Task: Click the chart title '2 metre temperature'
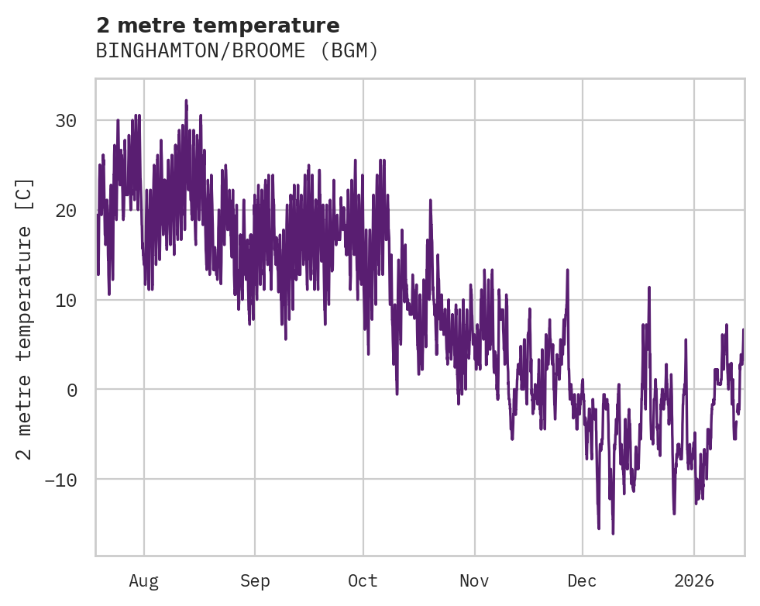click(218, 26)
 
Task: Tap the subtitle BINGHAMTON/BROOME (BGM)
click(237, 51)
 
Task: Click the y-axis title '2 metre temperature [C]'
click(26, 318)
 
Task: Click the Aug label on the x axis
click(144, 580)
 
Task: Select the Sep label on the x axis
click(255, 580)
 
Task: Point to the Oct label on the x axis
click(363, 580)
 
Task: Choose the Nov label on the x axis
click(474, 580)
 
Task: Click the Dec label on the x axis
click(582, 580)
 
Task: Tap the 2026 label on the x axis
click(694, 580)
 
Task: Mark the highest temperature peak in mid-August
click(186, 101)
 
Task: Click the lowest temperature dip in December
click(613, 533)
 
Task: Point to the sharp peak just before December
click(567, 270)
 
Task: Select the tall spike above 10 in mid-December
click(648, 288)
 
